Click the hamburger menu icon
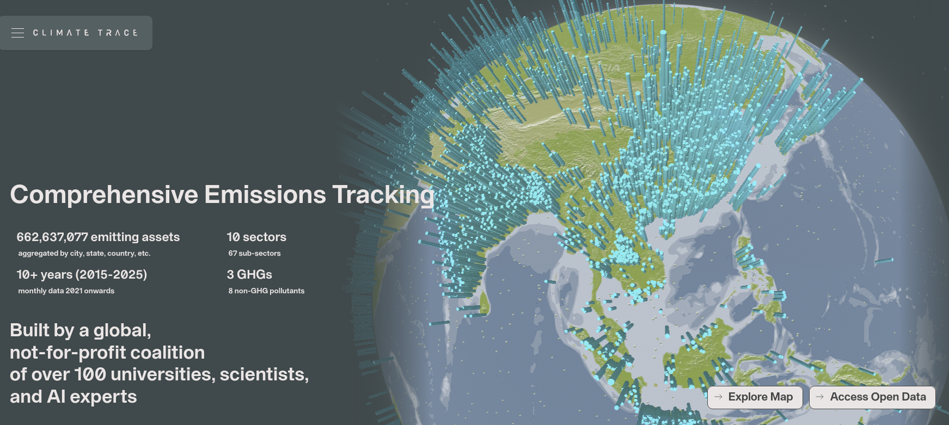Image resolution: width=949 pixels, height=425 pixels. (x=17, y=33)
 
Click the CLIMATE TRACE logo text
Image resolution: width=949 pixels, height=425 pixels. (x=85, y=33)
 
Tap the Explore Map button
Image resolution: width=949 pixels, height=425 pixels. (x=755, y=397)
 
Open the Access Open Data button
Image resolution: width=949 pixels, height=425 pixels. (x=872, y=397)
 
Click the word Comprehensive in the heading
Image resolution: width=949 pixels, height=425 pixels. (x=104, y=195)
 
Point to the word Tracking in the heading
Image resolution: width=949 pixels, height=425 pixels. (x=383, y=195)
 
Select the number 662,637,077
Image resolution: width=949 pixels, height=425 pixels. (x=52, y=237)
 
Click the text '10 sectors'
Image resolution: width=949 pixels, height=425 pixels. (x=256, y=237)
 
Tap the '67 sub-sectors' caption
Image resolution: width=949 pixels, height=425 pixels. (x=254, y=254)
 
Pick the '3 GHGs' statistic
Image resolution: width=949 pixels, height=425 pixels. (x=249, y=275)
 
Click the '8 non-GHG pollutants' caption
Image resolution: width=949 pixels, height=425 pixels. (x=266, y=291)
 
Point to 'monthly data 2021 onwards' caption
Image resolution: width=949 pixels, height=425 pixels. (x=66, y=291)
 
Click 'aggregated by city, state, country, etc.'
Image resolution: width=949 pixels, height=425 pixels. (x=84, y=254)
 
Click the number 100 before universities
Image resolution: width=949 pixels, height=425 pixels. (x=90, y=374)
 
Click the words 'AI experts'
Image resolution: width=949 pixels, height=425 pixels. (x=92, y=397)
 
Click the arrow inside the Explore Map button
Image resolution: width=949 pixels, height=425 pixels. (x=718, y=397)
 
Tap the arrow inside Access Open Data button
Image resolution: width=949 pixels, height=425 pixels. (x=819, y=397)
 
